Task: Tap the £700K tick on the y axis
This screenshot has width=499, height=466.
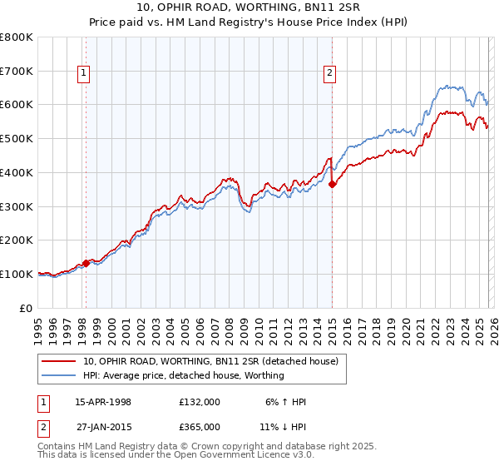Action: click(x=17, y=71)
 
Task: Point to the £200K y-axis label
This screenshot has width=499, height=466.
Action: click(x=17, y=240)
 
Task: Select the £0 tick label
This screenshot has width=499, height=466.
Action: click(x=26, y=308)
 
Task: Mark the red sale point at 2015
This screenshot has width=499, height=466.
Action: click(x=332, y=184)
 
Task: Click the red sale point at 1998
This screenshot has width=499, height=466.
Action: click(x=86, y=263)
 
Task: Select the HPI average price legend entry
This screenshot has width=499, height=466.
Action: click(x=183, y=376)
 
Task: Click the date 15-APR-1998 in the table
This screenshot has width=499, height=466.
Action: click(x=103, y=402)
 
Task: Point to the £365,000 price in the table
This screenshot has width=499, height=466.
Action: click(x=199, y=426)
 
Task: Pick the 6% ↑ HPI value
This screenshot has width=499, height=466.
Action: click(x=285, y=402)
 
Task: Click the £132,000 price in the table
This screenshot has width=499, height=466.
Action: click(x=199, y=402)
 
